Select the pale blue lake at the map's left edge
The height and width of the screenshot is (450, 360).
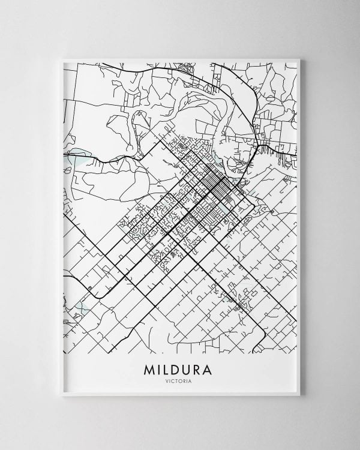point(78,157)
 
